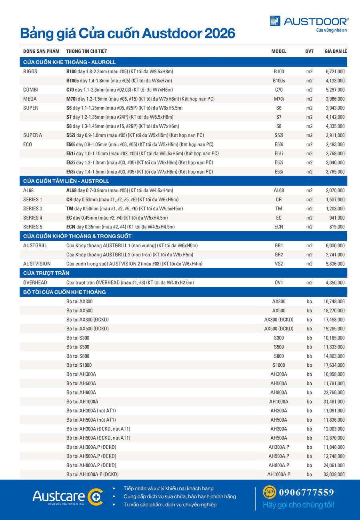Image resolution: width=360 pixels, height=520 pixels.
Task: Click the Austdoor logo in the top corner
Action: pos(309,21)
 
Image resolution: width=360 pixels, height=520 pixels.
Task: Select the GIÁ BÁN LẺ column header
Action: pos(335,52)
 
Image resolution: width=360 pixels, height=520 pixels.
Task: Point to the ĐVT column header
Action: pos(309,52)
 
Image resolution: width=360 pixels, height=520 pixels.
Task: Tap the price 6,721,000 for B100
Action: pos(335,72)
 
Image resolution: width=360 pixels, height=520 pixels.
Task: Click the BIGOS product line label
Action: pos(30,72)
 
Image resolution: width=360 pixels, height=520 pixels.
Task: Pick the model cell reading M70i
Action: pos(279,99)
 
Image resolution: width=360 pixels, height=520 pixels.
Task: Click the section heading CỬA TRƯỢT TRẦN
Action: pos(46,273)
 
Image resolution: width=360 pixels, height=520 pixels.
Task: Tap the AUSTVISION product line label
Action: pos(36,264)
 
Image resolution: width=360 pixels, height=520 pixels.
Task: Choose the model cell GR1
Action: pos(279,246)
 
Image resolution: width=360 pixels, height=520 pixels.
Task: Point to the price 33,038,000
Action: pos(334,474)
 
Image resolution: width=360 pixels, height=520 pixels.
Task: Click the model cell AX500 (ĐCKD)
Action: pos(279,329)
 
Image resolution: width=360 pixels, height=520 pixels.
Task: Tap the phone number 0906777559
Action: pos(306,492)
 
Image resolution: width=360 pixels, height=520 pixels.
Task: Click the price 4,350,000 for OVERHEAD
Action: pos(335,283)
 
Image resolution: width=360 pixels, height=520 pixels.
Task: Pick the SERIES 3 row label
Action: pos(32,209)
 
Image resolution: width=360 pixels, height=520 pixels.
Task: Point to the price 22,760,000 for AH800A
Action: pos(334,393)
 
